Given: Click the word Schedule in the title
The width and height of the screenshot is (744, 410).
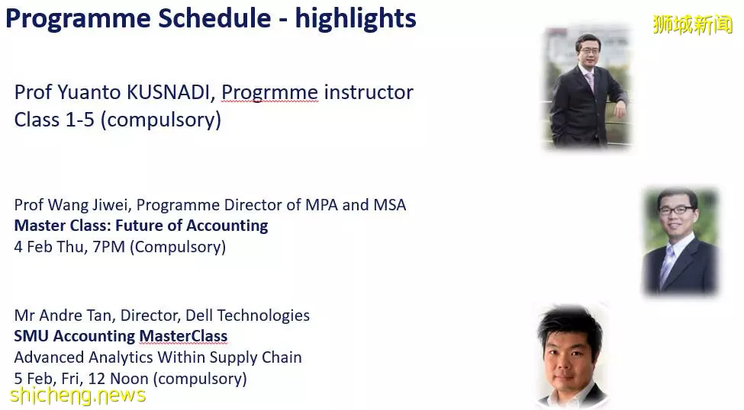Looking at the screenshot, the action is click(x=214, y=18).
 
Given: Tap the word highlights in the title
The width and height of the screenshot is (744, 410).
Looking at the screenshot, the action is click(x=356, y=20).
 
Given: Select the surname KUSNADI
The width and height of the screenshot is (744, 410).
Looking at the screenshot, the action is click(x=168, y=92).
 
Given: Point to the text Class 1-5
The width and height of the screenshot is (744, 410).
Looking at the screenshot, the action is click(x=54, y=120).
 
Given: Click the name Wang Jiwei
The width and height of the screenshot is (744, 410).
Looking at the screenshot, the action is click(x=88, y=205).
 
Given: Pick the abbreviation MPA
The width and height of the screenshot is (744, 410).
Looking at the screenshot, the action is click(x=321, y=205).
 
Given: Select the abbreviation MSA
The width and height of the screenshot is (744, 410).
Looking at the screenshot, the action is click(x=390, y=205).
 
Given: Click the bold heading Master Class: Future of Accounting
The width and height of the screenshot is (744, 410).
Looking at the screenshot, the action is click(x=141, y=226).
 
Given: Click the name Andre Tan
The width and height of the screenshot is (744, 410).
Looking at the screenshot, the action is click(x=75, y=316).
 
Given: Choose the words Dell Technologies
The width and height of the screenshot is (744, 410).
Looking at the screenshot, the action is click(x=247, y=316).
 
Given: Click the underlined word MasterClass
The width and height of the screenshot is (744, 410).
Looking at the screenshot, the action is click(x=183, y=336).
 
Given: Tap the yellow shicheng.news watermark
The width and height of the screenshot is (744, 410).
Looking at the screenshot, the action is click(x=77, y=396).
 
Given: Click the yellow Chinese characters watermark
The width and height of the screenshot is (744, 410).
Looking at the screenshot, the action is click(x=692, y=24).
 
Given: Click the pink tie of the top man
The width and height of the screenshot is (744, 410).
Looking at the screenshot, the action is click(x=591, y=82).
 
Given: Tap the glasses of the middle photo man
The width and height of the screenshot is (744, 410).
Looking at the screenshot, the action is click(x=676, y=210).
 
